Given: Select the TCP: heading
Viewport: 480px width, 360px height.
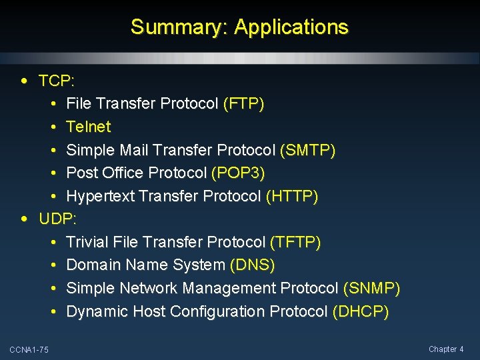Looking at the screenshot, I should point(57,81).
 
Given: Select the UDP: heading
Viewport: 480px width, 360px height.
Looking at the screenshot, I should point(58,219).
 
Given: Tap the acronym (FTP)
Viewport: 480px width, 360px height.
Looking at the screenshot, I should point(244,104).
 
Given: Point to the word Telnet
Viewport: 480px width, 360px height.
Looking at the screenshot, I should point(89,127).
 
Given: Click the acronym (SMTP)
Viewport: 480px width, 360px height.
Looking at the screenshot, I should point(308,150).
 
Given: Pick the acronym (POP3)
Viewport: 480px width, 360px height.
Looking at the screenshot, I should point(238,173).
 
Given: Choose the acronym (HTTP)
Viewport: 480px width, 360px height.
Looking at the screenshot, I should point(292,197).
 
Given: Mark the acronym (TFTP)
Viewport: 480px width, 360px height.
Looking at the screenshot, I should point(295,242).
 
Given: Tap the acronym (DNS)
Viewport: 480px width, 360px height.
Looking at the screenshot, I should point(252,265).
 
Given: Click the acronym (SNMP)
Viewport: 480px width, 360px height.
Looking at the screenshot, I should point(371,289).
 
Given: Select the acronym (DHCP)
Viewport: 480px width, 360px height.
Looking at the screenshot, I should point(361,311).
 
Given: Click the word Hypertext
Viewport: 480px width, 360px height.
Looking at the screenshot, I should point(97,197).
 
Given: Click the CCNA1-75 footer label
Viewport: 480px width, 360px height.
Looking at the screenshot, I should point(29,350).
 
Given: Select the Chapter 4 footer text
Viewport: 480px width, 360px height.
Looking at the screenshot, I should point(446,349).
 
